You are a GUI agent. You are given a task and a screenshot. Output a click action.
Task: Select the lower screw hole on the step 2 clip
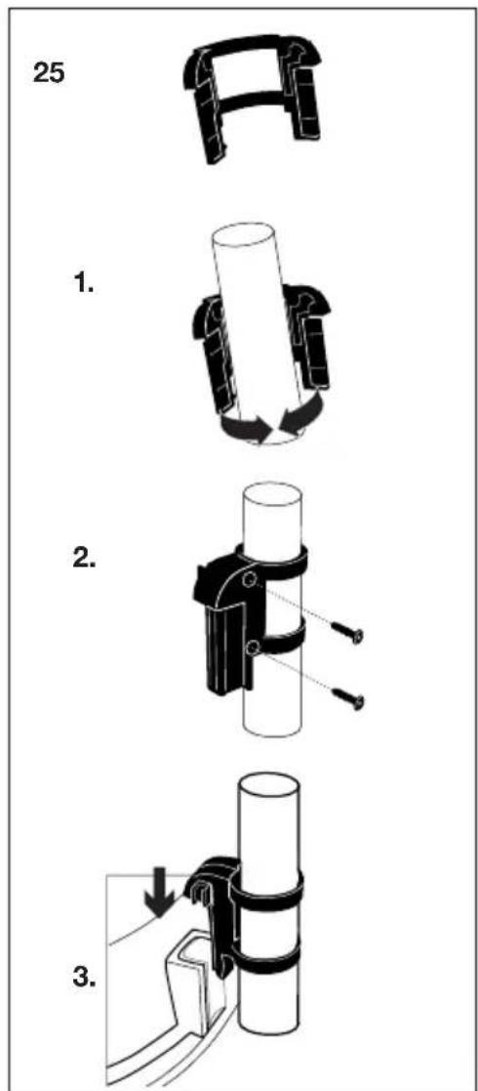pyautogui.click(x=252, y=646)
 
